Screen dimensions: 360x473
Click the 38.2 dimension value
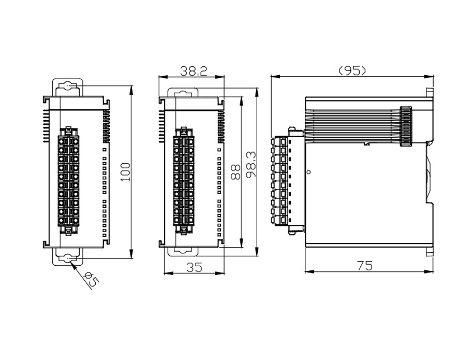click(194, 71)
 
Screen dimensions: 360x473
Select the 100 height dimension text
click(126, 171)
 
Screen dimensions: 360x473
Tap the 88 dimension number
click(236, 171)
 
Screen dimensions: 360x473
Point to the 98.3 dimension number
click(252, 165)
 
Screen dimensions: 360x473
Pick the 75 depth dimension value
click(364, 265)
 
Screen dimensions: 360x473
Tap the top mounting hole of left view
click(68, 86)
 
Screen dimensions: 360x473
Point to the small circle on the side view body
click(308, 171)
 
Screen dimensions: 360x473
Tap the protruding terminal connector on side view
click(280, 181)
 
